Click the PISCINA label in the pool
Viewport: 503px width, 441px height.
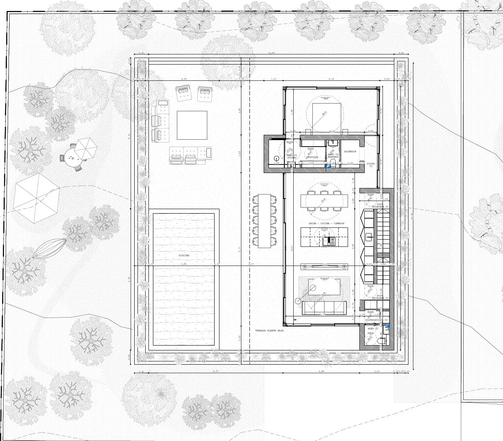pyautogui.click(x=185, y=255)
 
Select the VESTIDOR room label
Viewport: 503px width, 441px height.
pyautogui.click(x=312, y=157)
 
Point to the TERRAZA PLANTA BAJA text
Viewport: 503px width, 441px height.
pyautogui.click(x=269, y=331)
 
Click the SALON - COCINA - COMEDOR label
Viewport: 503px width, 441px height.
pyautogui.click(x=324, y=224)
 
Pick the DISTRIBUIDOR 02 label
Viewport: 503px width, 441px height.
pyautogui.click(x=374, y=320)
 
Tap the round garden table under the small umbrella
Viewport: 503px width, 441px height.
pyautogui.click(x=74, y=158)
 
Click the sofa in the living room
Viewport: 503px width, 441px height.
pyautogui.click(x=324, y=308)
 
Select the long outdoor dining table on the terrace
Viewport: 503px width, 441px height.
pyautogui.click(x=266, y=221)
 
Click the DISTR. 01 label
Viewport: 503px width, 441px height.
pyautogui.click(x=371, y=165)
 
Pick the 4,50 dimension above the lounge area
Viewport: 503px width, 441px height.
pyautogui.click(x=184, y=79)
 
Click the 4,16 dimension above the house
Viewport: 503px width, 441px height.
pyautogui.click(x=331, y=79)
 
